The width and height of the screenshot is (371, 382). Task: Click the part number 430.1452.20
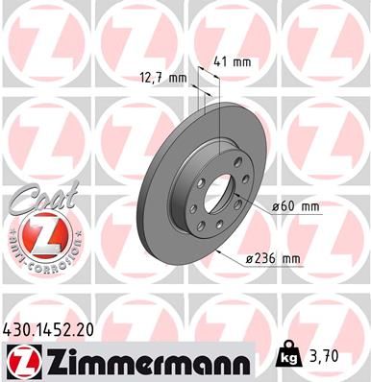[x=54, y=329]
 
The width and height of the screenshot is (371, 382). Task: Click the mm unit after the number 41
[x=244, y=62]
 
